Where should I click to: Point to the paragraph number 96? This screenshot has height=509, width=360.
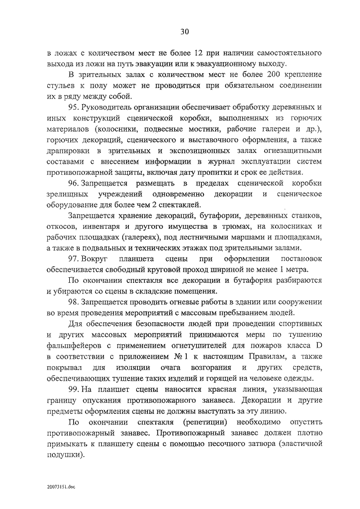coord(74,183)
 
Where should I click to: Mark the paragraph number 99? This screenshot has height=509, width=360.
coord(74,389)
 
